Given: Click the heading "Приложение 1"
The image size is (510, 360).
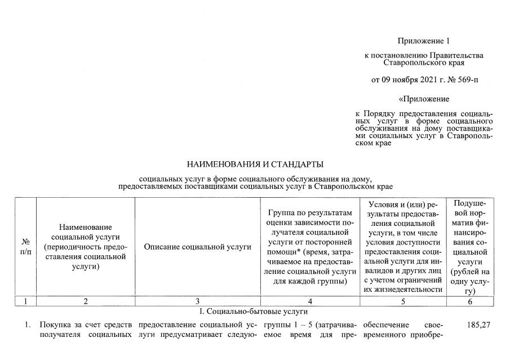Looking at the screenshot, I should pyautogui.click(x=424, y=41).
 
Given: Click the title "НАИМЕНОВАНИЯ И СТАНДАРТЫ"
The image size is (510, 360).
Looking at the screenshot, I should pyautogui.click(x=255, y=165).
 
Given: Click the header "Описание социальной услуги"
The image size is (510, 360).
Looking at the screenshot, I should pyautogui.click(x=197, y=246).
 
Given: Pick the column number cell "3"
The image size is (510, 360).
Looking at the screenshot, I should pyautogui.click(x=197, y=301).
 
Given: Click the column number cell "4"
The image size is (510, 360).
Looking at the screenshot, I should pyautogui.click(x=309, y=301).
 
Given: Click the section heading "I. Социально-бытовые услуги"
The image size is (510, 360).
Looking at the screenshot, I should pyautogui.click(x=255, y=312).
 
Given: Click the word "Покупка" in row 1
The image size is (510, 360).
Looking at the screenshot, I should pyautogui.click(x=54, y=326).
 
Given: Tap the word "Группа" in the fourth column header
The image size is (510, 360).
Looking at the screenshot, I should pyautogui.click(x=283, y=212).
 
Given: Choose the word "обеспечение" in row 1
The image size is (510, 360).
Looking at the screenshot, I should pyautogui.click(x=385, y=326).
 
